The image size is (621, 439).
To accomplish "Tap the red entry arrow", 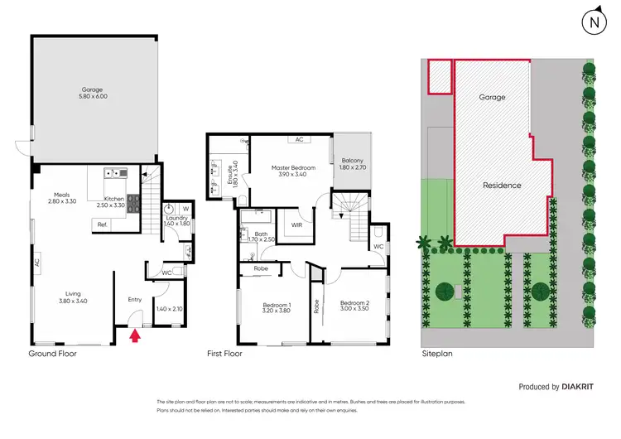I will (136, 335).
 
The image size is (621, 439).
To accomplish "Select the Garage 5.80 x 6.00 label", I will (94, 92).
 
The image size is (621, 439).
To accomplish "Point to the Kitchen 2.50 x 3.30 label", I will (112, 201).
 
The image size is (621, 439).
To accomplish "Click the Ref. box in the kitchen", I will (103, 224).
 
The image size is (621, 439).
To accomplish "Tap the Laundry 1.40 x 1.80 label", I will (177, 220).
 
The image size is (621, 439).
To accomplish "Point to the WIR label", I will (294, 224).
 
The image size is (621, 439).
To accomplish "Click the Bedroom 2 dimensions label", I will (354, 307).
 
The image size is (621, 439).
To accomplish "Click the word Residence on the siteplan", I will (502, 186).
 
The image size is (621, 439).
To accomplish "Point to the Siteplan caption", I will (437, 353).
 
